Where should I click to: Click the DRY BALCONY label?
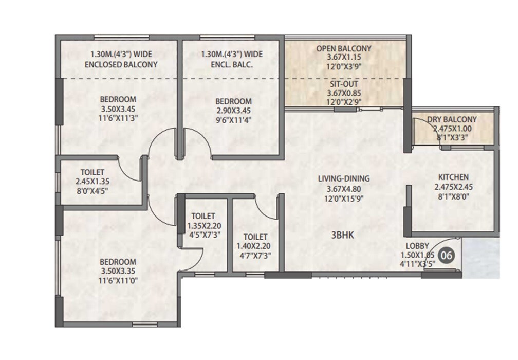pos(452,120)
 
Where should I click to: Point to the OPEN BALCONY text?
pos(344,49)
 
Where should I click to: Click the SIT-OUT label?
pos(344,84)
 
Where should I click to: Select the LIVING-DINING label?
pos(344,178)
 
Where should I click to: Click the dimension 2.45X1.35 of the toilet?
pos(93,181)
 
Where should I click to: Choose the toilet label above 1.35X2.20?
pos(203,216)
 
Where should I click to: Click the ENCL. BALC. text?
pos(232,65)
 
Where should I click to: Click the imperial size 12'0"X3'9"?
pos(344,67)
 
